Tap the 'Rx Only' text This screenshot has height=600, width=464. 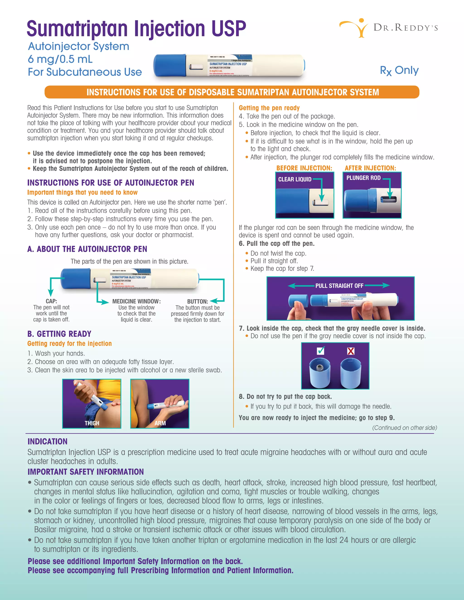(399, 71)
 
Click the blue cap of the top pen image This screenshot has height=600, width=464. (169, 65)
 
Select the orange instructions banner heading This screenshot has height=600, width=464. (232, 92)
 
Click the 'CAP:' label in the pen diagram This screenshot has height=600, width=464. (51, 301)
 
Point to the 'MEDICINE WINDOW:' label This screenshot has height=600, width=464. (136, 301)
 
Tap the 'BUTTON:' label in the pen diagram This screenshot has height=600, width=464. (197, 301)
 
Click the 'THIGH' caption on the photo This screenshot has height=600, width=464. (92, 423)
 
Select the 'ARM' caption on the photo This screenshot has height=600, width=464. (160, 423)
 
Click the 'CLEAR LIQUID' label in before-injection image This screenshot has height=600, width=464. (295, 179)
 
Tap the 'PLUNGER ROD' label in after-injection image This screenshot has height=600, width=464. (363, 178)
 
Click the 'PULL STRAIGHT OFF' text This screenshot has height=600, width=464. (339, 286)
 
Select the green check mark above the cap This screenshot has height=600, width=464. (321, 350)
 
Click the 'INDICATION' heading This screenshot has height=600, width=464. (47, 442)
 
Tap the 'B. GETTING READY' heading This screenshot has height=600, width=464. (59, 334)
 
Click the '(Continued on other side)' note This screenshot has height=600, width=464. (404, 428)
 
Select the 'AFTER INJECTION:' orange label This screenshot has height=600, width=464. (370, 168)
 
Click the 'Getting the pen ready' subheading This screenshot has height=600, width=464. (269, 108)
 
